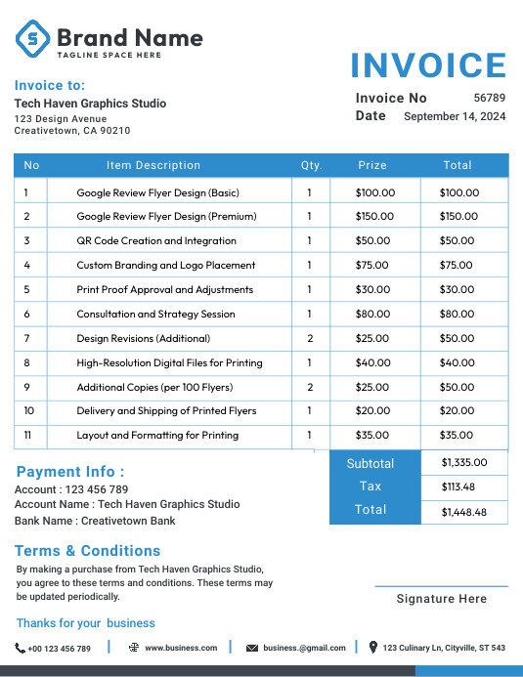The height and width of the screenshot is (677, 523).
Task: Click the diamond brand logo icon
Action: pos(32,39)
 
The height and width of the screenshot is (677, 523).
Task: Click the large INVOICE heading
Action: pos(428,65)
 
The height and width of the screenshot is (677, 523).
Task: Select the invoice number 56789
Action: pos(489,98)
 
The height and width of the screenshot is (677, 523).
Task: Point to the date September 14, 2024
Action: pos(455,116)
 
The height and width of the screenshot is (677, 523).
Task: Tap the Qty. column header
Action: pos(311,165)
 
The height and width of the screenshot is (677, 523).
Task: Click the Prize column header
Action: pos(372,165)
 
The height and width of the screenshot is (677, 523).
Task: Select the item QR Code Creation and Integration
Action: pos(156,240)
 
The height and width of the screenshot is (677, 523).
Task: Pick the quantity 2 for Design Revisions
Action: pos(310,338)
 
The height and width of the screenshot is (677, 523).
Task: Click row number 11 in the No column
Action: pos(27,435)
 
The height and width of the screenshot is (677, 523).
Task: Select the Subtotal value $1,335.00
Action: pos(463,462)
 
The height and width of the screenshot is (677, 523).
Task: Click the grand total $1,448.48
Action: pos(463,511)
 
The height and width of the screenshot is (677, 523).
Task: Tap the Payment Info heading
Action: pos(70,472)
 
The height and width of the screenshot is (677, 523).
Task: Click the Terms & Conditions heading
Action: pos(87,550)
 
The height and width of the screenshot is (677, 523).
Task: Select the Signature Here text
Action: pos(441,599)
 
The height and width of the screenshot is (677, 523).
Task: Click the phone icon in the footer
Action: pos(21,648)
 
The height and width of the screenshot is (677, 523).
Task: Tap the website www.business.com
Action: pos(181,648)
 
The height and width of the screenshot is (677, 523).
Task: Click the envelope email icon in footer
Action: pos(252,648)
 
